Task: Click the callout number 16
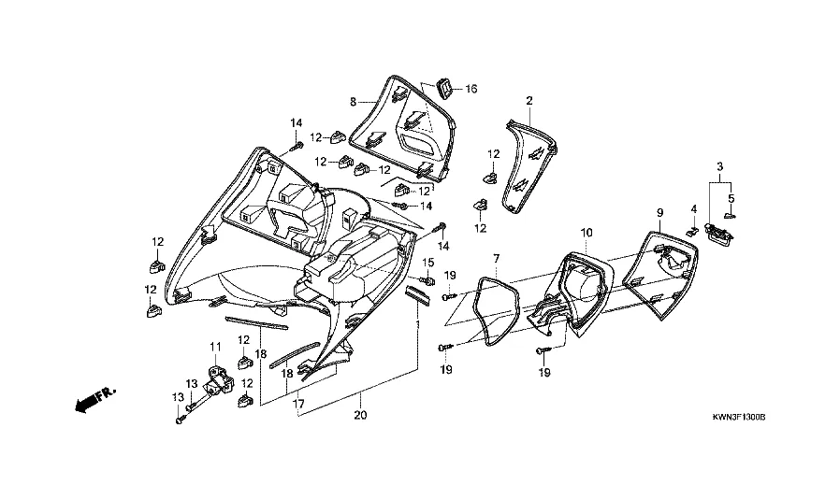[471, 89]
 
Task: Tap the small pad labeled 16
[445, 89]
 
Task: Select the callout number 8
[354, 100]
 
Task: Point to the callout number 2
[529, 100]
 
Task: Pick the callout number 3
[719, 166]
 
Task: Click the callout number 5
[732, 197]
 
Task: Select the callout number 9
[659, 213]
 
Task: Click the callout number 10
[586, 231]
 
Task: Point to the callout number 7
[497, 256]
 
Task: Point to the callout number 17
[298, 405]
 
